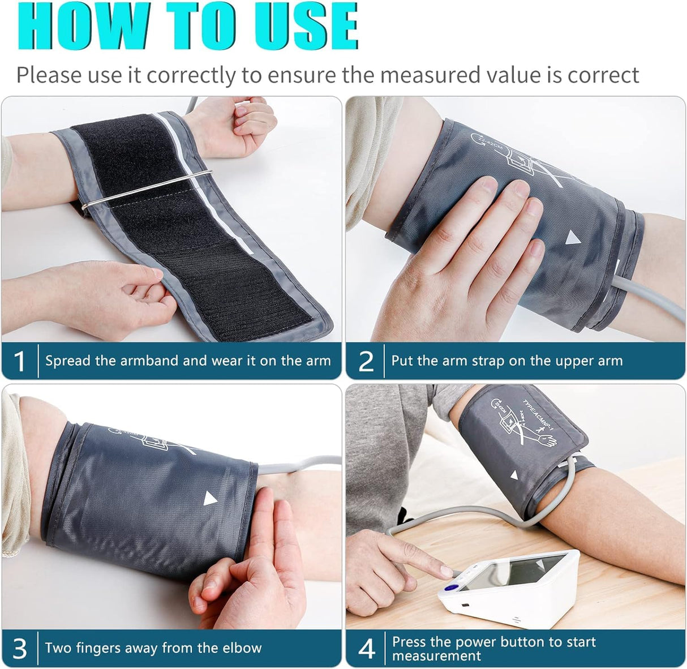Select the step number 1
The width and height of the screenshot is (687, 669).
click(20, 361)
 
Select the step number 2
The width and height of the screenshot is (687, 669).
click(366, 361)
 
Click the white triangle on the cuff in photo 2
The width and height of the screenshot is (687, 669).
click(573, 237)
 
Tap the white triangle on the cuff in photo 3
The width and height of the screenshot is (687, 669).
click(210, 499)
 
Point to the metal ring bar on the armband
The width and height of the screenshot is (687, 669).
click(147, 189)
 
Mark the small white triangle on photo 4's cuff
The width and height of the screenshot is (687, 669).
click(513, 475)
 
